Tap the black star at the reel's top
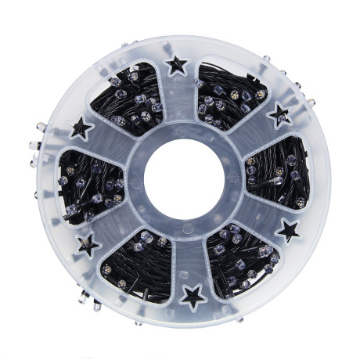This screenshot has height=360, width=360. pos(178,65)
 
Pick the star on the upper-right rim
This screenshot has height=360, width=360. pos(279,117)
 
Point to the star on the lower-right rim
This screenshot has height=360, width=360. pos(289,230)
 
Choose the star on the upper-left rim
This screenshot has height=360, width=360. pos(81,128)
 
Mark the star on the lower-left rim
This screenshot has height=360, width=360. pos(88,244)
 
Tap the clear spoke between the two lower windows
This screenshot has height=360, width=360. pos(186,258)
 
